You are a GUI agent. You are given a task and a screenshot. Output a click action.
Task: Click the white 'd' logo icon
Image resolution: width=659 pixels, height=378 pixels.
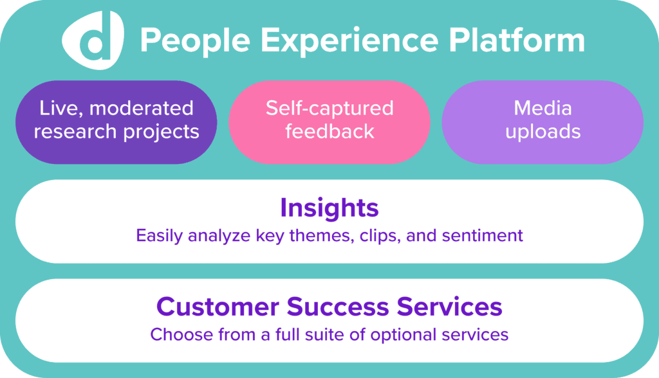pyautogui.click(x=93, y=40)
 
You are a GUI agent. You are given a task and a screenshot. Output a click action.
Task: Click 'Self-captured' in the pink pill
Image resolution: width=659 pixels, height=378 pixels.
pyautogui.click(x=329, y=108)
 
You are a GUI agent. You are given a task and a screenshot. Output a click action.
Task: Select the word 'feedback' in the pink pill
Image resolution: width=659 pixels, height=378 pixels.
pyautogui.click(x=329, y=131)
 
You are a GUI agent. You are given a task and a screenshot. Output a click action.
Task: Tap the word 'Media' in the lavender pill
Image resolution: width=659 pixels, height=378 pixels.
pyautogui.click(x=543, y=107)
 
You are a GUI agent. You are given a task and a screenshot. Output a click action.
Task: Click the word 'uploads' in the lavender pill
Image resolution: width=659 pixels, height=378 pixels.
pyautogui.click(x=543, y=132)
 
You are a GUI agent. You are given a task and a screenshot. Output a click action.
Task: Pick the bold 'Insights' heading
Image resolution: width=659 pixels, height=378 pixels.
pyautogui.click(x=329, y=208)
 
